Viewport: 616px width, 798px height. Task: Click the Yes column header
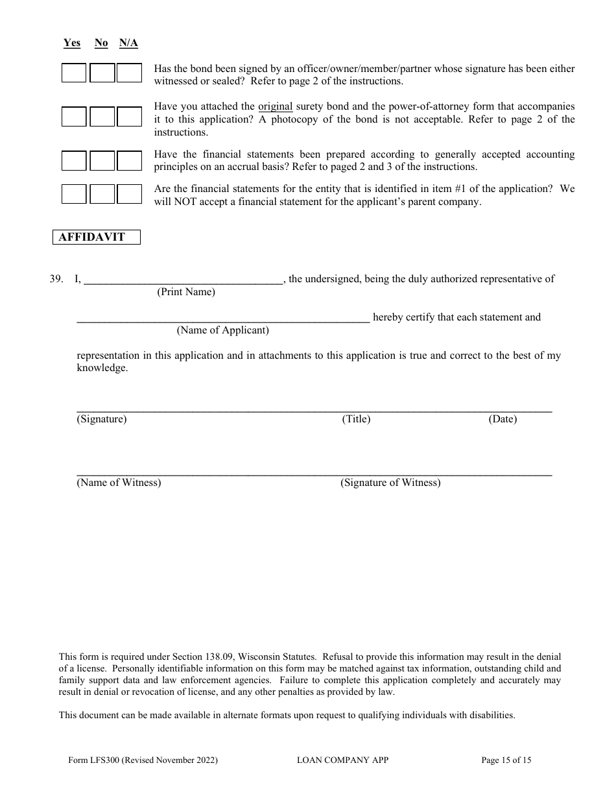72,43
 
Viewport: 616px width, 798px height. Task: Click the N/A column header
128,43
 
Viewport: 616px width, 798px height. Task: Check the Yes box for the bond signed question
74,73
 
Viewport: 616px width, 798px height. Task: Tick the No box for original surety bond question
102,116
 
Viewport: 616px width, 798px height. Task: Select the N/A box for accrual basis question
129,160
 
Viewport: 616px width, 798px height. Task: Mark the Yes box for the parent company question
74,194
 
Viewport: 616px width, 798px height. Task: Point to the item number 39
56,279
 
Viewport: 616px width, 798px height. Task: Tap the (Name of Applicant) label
223,330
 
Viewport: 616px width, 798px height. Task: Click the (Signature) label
102,419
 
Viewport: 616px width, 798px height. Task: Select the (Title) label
356,419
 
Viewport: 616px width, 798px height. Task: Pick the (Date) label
503,419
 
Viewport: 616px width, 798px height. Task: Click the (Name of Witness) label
119,483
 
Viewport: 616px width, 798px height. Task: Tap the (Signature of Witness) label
390,483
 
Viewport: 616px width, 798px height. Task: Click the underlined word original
276,106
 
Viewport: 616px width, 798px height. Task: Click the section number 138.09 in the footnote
222,657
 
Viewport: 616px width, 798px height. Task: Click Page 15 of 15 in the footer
506,760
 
